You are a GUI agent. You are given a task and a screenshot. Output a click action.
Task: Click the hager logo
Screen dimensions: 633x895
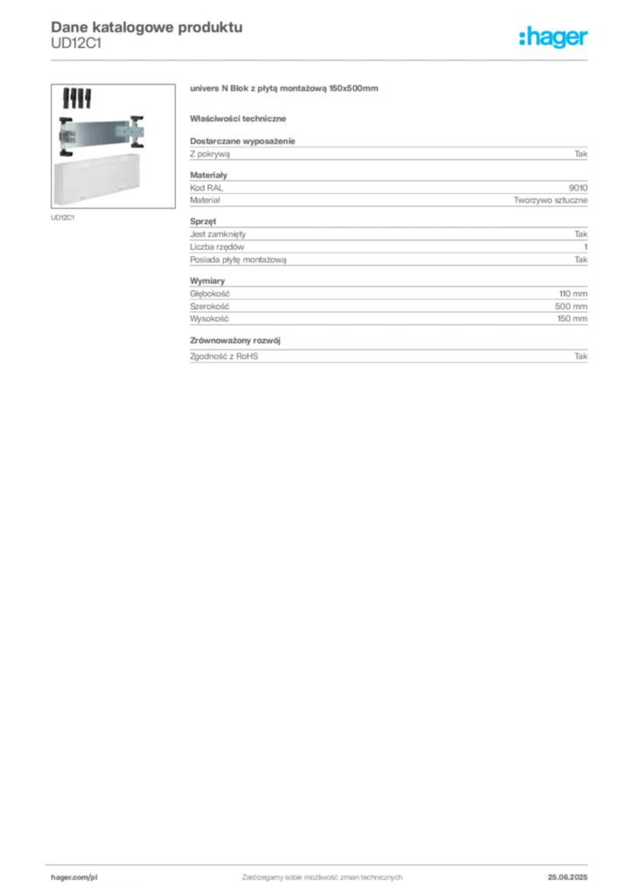click(553, 38)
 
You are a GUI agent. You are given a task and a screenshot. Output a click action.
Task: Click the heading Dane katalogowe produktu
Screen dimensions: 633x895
click(147, 27)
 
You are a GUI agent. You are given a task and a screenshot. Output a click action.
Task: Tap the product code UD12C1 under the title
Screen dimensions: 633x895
click(76, 44)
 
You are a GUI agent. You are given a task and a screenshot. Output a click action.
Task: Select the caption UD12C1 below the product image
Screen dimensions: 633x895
click(62, 218)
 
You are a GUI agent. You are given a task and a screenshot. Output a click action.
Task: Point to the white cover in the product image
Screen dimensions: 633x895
click(96, 179)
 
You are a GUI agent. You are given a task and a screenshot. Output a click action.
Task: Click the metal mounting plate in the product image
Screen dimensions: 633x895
click(101, 135)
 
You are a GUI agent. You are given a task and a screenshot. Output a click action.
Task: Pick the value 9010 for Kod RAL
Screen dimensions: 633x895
click(578, 188)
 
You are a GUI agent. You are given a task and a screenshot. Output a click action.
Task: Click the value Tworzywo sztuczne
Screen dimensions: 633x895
click(550, 200)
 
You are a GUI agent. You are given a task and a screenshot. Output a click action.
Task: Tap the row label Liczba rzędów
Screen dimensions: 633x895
click(217, 247)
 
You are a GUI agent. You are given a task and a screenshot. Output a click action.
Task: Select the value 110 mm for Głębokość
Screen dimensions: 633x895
click(573, 294)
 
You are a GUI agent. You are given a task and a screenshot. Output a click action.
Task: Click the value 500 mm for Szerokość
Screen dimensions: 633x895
click(571, 307)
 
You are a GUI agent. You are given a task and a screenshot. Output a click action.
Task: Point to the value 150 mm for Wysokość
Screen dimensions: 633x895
click(572, 319)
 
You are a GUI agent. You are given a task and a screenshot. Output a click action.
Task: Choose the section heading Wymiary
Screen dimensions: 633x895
click(207, 281)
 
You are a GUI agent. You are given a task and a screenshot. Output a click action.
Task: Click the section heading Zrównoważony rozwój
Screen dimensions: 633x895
click(235, 340)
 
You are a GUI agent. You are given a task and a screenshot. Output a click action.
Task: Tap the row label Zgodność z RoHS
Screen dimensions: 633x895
click(224, 357)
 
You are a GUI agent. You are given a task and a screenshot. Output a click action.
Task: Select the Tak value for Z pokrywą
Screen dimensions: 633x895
click(581, 154)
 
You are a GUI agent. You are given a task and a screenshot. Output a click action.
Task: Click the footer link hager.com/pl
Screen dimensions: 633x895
click(74, 878)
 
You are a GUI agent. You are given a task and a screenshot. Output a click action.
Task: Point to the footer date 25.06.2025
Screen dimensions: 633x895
click(567, 878)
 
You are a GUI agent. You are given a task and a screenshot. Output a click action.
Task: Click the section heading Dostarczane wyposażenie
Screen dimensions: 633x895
click(242, 141)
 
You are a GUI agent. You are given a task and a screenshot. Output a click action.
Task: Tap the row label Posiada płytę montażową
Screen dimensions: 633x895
click(238, 260)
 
